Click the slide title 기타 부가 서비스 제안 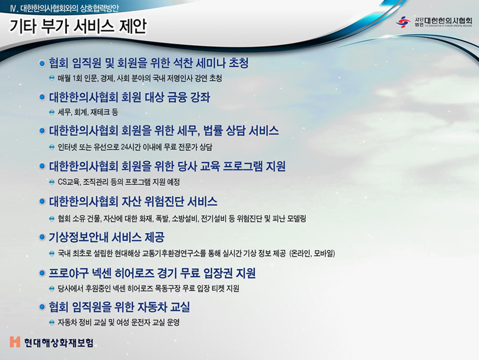point(78,26)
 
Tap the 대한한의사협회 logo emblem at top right point(403,22)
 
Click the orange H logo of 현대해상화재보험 point(15,342)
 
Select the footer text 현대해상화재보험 point(59,342)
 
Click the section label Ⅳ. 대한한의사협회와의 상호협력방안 point(64,8)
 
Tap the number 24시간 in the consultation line point(131,148)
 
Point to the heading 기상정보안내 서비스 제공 point(106,237)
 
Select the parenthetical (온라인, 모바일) point(312,253)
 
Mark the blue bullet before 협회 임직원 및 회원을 point(42,63)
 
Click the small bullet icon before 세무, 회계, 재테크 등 point(52,112)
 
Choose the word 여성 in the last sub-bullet point(123,322)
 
